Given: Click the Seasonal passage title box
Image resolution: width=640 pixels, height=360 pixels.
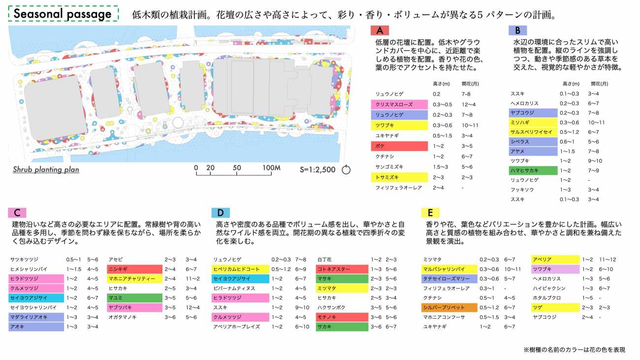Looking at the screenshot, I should tap(64, 14).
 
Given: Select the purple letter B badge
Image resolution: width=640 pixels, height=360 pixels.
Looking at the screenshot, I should tap(517, 31).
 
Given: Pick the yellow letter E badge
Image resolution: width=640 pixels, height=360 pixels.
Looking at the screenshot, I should tap(430, 213).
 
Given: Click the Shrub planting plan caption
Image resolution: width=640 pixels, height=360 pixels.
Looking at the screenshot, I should tap(46, 170).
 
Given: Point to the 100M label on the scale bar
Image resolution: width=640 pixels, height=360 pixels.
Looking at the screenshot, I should tap(271, 168).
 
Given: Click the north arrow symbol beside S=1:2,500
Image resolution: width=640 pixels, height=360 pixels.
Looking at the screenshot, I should tap(346, 170).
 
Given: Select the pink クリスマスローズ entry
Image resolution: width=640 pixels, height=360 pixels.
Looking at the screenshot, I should tap(399, 104).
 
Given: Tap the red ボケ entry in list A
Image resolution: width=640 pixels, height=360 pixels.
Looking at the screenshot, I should tap(399, 146).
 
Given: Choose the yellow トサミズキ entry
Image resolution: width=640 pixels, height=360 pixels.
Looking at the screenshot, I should tap(399, 177).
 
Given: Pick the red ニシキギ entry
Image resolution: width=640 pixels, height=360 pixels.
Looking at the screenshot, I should tap(135, 269).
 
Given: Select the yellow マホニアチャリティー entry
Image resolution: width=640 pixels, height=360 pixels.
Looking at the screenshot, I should tap(135, 279).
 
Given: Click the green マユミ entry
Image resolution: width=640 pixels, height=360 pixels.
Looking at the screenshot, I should tap(135, 298).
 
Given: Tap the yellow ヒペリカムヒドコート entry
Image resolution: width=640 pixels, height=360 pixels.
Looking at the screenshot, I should tap(240, 269).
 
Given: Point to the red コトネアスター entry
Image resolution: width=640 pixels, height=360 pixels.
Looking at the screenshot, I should tap(342, 269).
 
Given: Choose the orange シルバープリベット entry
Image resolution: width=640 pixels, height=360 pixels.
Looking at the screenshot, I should tap(450, 308).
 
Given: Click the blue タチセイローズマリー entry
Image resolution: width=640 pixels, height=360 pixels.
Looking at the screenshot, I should tap(450, 279).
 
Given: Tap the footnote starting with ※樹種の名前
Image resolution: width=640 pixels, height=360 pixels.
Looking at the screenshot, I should tap(574, 350).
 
